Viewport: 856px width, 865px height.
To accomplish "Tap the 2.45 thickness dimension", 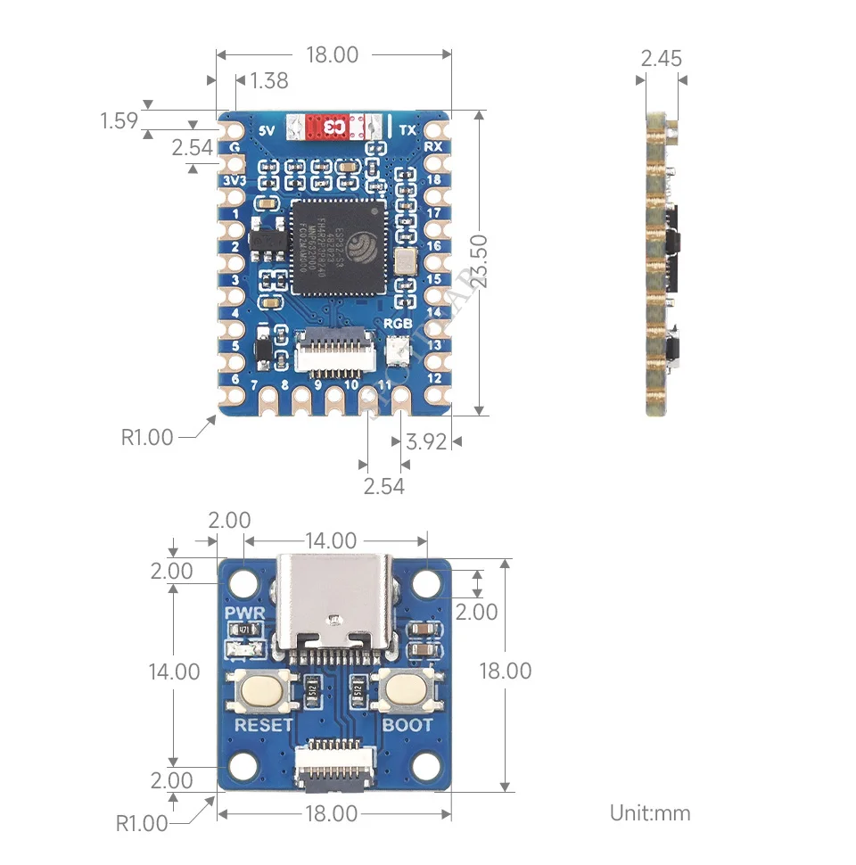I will [661, 59].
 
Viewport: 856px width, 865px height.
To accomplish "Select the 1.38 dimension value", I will [269, 80].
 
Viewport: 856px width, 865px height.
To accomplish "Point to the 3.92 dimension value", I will [425, 441].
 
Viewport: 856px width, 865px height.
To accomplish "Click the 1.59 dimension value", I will [119, 120].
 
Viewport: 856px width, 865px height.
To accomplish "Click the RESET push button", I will [263, 689].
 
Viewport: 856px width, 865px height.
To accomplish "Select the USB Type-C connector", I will [334, 605].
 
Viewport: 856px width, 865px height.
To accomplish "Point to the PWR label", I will [243, 614].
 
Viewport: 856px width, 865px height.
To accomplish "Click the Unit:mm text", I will [650, 812].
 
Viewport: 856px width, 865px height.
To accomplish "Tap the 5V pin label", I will [265, 129].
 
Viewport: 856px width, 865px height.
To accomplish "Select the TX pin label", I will [407, 130].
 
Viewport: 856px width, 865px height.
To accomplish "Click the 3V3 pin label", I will [234, 181].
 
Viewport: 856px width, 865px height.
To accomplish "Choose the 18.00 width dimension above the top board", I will [332, 54].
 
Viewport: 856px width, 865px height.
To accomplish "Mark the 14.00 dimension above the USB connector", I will [330, 540].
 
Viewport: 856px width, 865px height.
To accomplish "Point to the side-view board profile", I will [661, 264].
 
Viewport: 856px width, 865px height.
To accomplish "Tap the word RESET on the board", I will [263, 724].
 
